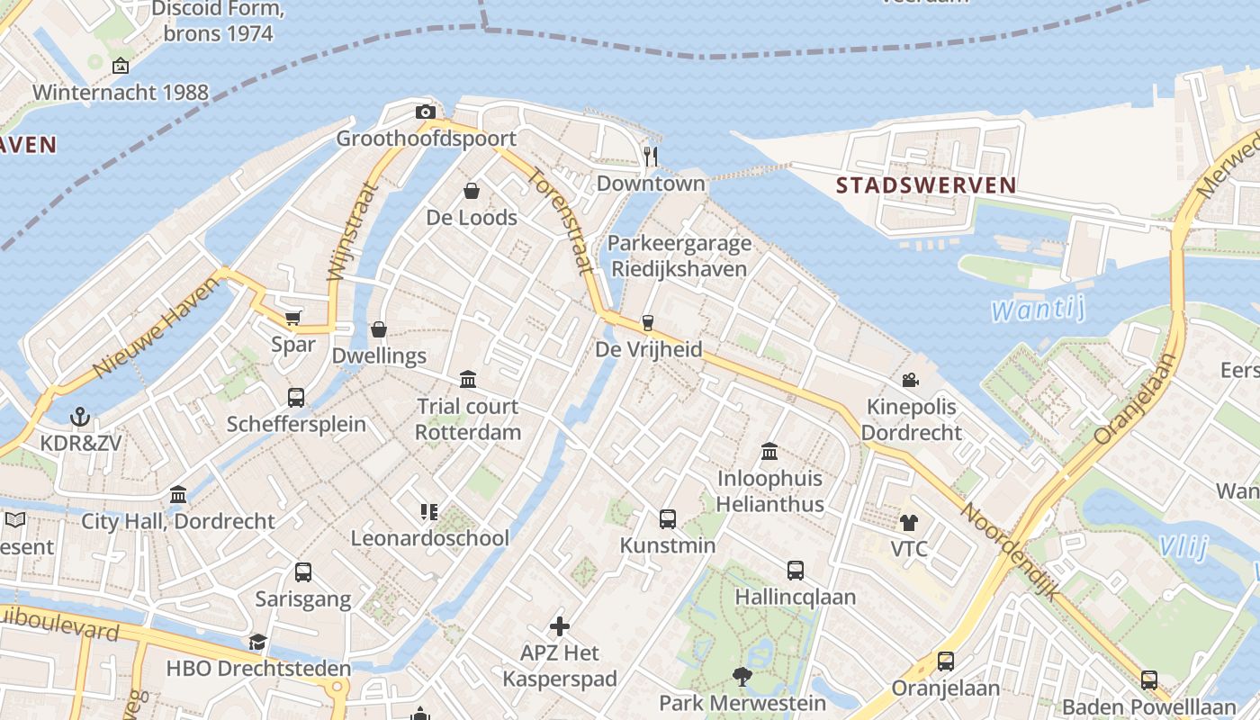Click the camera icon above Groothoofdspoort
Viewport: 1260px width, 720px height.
426,112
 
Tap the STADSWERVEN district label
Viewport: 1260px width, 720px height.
926,185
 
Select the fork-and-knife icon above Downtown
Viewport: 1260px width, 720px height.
651,157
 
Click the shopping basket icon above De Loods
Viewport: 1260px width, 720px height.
471,191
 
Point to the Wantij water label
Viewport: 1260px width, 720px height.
1037,310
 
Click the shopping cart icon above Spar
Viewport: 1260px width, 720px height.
292,318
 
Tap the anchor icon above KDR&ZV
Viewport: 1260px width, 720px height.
81,417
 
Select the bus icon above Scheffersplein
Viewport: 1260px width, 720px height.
296,397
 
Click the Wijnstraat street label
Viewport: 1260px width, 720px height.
349,231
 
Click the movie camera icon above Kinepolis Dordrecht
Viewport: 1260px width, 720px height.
910,380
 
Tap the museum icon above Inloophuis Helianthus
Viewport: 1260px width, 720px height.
769,451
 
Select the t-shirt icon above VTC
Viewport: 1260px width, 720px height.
908,523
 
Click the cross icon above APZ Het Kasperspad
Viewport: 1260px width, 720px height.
560,625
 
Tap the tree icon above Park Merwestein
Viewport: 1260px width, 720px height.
742,677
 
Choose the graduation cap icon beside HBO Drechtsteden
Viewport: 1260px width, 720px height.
258,642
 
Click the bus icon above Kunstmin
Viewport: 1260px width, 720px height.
668,518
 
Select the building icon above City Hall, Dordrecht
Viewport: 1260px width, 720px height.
178,494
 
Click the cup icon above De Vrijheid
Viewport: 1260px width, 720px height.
647,323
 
